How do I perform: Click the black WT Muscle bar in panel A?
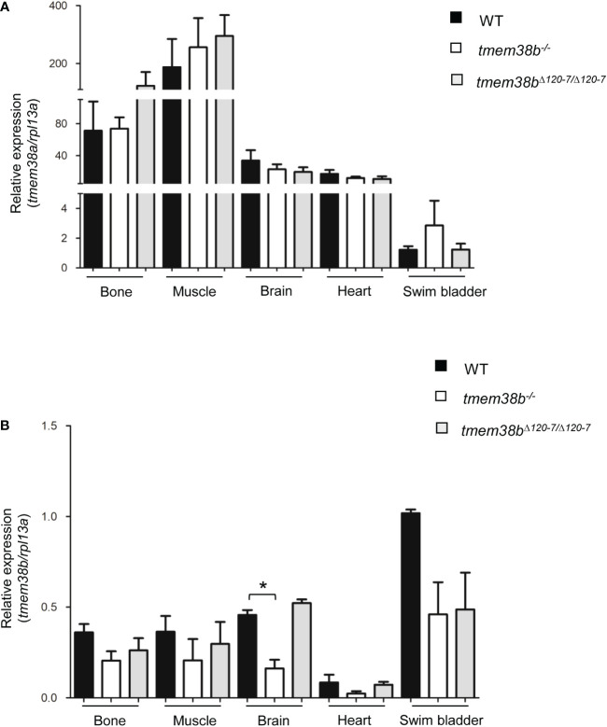[172, 168]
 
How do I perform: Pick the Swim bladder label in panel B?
[432, 719]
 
